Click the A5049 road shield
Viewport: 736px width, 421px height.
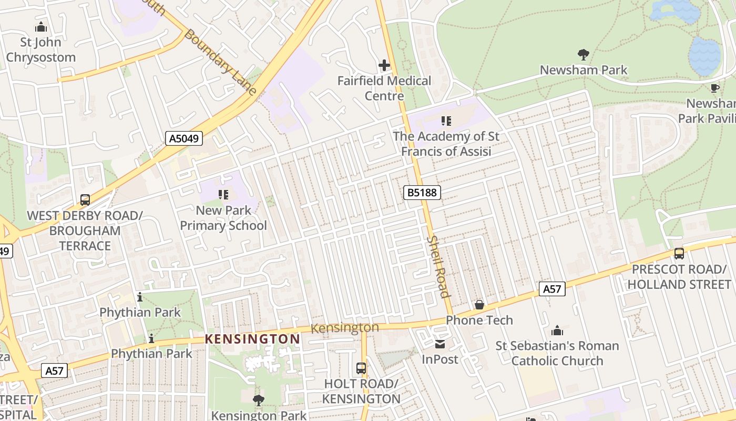click(x=183, y=138)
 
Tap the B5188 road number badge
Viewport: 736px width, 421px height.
click(x=422, y=193)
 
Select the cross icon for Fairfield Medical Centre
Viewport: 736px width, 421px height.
click(x=384, y=66)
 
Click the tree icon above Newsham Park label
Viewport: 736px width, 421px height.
click(x=583, y=54)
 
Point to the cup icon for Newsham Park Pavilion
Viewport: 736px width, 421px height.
click(x=714, y=88)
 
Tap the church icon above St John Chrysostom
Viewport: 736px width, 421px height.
click(x=40, y=27)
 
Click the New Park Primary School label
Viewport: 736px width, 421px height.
click(x=223, y=218)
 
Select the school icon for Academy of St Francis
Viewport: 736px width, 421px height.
click(x=446, y=121)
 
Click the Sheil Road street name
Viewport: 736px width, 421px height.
click(x=438, y=266)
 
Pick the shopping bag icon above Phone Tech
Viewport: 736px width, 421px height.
click(x=479, y=305)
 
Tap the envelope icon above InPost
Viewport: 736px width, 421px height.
click(x=440, y=344)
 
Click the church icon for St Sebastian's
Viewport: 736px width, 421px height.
click(x=557, y=330)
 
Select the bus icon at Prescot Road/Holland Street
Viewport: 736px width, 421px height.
click(x=679, y=254)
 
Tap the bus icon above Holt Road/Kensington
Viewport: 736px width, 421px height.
click(x=361, y=368)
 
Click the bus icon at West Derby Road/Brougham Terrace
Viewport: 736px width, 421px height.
click(x=85, y=200)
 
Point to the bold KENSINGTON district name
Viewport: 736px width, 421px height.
click(x=252, y=339)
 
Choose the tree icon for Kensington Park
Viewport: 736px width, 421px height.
click(x=258, y=400)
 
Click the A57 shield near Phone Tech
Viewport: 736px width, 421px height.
click(x=551, y=288)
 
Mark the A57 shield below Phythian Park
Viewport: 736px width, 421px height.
click(x=54, y=370)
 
